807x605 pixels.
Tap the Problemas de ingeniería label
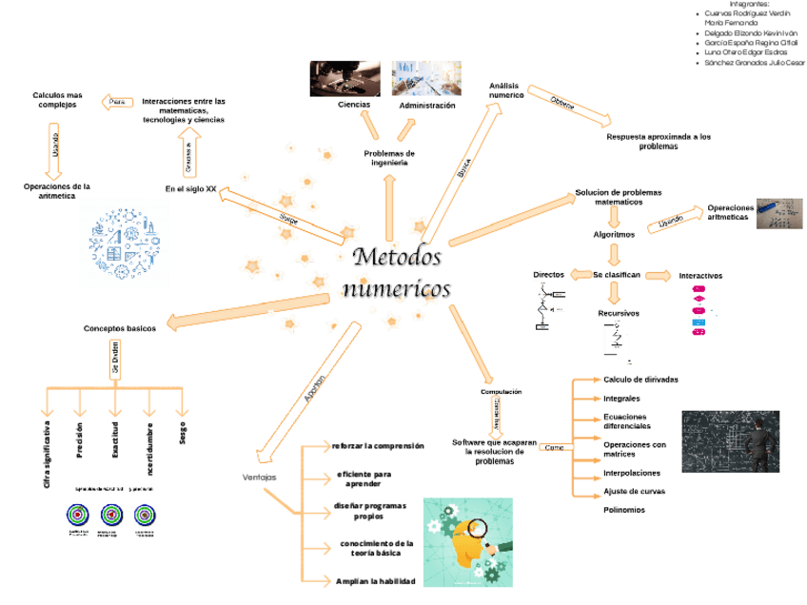tap(389, 158)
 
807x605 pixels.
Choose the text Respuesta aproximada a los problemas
tap(659, 142)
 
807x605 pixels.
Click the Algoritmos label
tap(614, 233)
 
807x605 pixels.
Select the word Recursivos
tap(618, 313)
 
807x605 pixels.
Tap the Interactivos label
tap(700, 276)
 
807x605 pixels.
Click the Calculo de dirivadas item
tap(640, 379)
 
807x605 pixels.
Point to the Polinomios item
tap(623, 510)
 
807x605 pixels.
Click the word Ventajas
tap(260, 477)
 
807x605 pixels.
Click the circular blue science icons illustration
tap(128, 244)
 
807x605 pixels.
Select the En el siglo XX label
tap(190, 189)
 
